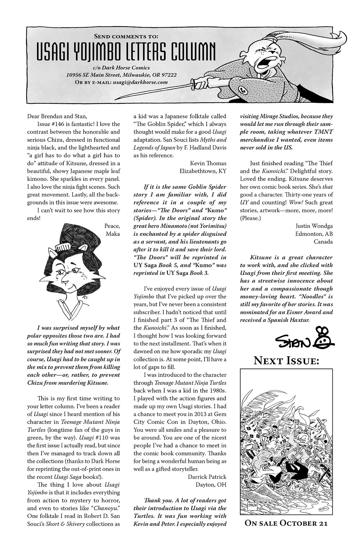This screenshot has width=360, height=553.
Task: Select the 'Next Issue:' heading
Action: point(286,361)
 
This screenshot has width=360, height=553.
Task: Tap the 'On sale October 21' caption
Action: point(286,523)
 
